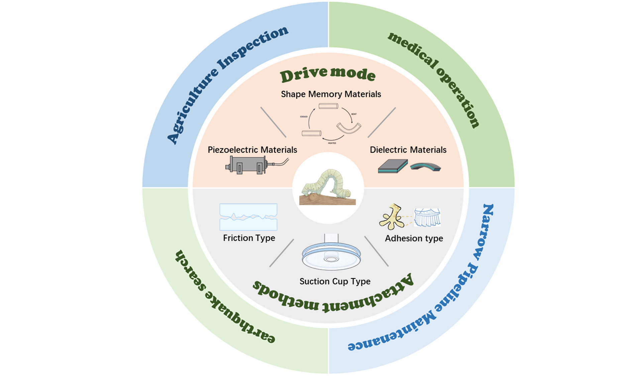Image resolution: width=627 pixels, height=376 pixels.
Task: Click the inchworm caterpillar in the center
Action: pos(327,185)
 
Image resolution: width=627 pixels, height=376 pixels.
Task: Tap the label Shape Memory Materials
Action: pos(331,94)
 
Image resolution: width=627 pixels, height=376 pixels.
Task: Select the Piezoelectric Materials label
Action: pos(252,150)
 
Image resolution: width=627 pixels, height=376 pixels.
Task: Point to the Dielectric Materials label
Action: pos(408,150)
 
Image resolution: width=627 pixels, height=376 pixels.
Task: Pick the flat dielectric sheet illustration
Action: pos(393,166)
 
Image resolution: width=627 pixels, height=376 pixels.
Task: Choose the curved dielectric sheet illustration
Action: pos(425,166)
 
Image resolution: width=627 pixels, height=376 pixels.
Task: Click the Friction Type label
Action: pos(249,238)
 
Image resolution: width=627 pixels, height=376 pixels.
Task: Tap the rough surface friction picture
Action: pos(248,217)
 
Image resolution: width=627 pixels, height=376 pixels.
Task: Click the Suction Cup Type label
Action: pos(335,281)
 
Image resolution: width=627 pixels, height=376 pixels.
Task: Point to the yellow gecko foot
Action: pos(391,217)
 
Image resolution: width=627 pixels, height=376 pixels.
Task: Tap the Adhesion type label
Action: pos(414,238)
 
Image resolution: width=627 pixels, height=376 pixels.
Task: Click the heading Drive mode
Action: pos(327,75)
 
